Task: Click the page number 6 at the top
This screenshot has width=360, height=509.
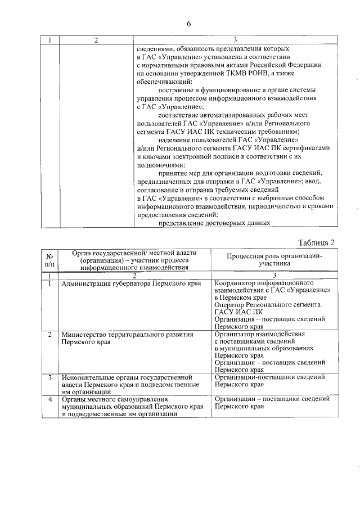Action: click(x=189, y=23)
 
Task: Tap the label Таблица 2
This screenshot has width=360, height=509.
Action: click(x=316, y=242)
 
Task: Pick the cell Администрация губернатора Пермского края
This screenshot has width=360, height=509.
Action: click(x=131, y=283)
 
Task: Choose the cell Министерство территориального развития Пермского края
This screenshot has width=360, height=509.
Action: click(x=128, y=337)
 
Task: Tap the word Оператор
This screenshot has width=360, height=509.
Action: click(x=231, y=304)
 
